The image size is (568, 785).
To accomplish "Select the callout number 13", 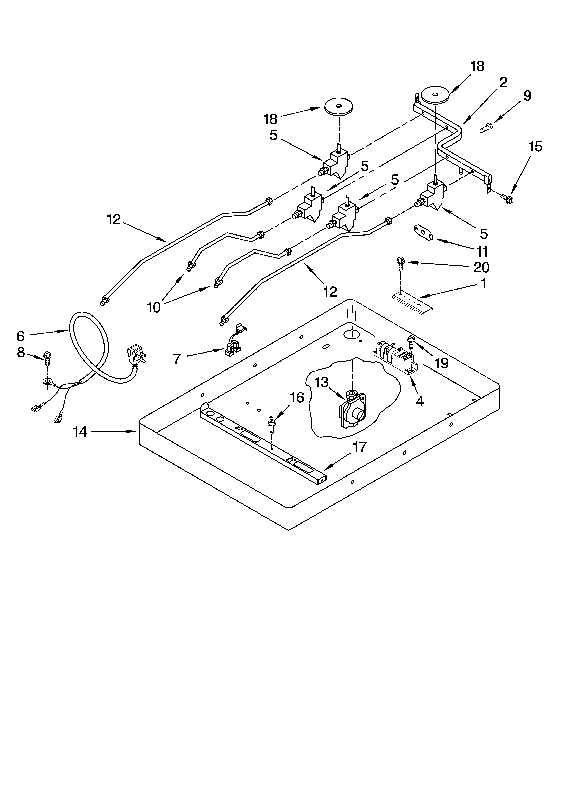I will tap(322, 382).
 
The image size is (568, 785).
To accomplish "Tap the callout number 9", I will tap(527, 96).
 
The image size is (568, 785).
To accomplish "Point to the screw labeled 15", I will tap(507, 198).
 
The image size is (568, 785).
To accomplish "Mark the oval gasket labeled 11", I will tap(423, 232).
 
